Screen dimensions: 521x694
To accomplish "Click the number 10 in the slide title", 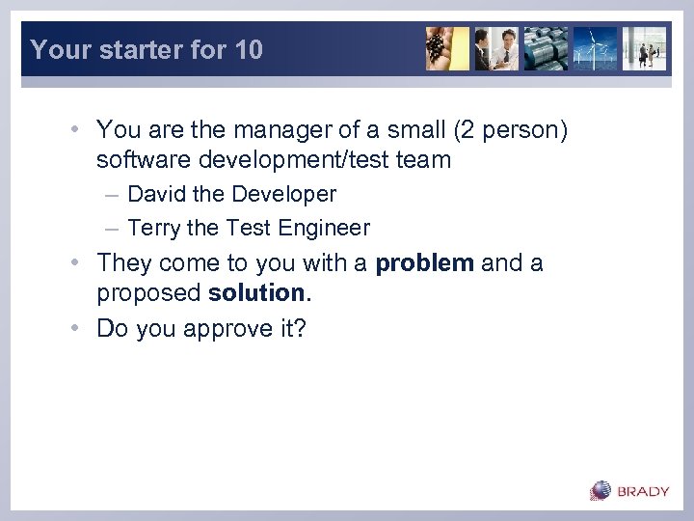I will [248, 50].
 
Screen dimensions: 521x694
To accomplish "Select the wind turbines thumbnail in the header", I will [595, 48].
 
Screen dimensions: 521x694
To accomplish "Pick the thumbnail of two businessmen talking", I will [496, 48].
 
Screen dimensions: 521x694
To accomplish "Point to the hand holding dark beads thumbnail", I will [447, 48].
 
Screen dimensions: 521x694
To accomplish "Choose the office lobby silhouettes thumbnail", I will [644, 48].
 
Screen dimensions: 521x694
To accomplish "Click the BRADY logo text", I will [643, 491].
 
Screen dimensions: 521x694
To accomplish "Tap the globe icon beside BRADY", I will [601, 491].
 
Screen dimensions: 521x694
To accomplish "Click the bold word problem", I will [424, 263].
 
